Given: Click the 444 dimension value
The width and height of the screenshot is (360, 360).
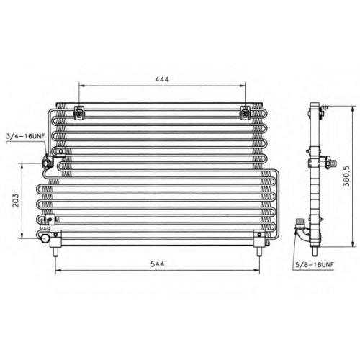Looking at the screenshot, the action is click(162, 79).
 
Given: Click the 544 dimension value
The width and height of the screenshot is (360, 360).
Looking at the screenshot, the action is click(158, 264).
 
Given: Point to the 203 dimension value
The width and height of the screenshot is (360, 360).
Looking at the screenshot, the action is click(15, 201).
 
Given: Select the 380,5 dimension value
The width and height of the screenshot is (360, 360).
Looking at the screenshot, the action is click(346, 176).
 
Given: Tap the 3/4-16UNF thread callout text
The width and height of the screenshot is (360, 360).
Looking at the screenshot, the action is click(26, 136).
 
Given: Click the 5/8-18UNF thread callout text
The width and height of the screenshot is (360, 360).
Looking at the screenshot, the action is click(315, 265).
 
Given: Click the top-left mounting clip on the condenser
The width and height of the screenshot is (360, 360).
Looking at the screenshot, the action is click(79, 112).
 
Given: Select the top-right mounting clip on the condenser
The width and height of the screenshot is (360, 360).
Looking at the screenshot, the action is click(245, 112).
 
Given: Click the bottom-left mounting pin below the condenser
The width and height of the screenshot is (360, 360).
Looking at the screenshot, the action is click(55, 252).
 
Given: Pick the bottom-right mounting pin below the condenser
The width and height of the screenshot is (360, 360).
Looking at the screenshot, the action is click(259, 252).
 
